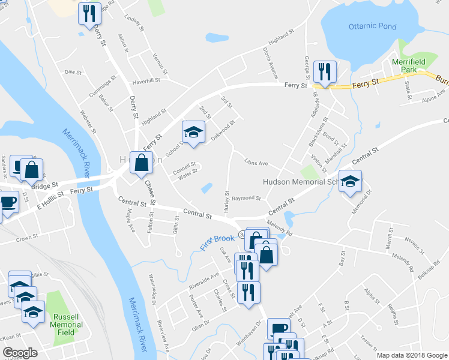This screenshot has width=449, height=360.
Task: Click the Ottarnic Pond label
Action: [x=372, y=27]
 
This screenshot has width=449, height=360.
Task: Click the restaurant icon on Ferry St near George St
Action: [x=324, y=72]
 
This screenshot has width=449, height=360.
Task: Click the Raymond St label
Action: [x=247, y=198]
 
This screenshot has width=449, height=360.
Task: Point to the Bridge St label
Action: [x=46, y=185]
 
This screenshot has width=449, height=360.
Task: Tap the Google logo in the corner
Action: [x=20, y=353]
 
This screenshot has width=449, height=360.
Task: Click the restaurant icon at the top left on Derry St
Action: [x=89, y=13]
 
